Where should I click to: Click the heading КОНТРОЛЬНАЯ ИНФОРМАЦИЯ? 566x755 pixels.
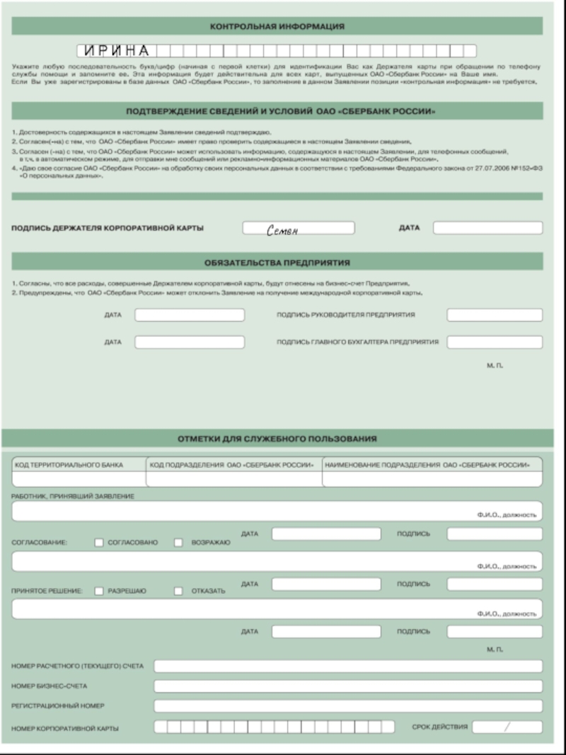(x=277, y=26)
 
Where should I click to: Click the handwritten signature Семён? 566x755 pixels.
(x=283, y=229)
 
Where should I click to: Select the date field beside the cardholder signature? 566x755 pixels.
(x=487, y=228)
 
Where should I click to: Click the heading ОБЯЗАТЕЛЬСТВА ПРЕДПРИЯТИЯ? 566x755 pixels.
(x=277, y=263)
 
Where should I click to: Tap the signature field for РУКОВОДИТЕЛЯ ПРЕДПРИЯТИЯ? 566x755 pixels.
(x=495, y=315)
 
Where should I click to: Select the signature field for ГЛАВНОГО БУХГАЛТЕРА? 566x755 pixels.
(x=495, y=342)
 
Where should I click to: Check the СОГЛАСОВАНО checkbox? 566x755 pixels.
(x=99, y=543)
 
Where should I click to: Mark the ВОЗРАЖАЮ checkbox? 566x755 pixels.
(x=178, y=543)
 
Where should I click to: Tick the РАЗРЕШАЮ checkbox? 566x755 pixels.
(x=99, y=591)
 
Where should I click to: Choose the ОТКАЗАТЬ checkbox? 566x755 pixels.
(x=178, y=591)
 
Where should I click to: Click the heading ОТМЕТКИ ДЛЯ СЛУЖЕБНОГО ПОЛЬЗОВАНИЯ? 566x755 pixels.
(x=277, y=439)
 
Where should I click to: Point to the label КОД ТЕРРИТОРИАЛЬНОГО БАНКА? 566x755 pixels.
(x=69, y=465)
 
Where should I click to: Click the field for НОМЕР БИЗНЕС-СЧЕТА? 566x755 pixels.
(x=348, y=686)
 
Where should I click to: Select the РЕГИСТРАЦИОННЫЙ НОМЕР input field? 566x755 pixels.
(x=348, y=705)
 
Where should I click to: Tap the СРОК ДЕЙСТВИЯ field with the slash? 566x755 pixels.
(x=507, y=727)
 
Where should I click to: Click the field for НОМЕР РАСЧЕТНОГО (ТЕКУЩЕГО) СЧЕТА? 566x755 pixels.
(x=348, y=666)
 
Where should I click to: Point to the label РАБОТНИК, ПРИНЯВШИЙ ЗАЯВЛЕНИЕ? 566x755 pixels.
(x=73, y=496)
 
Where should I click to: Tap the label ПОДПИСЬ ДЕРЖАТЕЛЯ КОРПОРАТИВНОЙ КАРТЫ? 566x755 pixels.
(x=108, y=229)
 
